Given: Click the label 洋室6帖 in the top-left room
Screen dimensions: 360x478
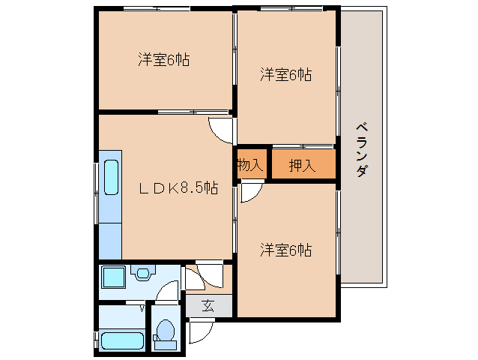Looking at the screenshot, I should (163, 60).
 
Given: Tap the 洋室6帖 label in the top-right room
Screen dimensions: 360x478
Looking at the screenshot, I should (286, 74).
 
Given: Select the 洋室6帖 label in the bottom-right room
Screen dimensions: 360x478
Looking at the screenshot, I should (286, 249).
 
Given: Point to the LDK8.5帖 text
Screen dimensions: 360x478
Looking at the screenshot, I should (178, 188).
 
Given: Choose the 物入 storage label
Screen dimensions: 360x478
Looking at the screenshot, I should (249, 165).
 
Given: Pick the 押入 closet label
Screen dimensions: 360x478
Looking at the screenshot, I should (302, 165).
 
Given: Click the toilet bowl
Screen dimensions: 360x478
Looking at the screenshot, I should (166, 331).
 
